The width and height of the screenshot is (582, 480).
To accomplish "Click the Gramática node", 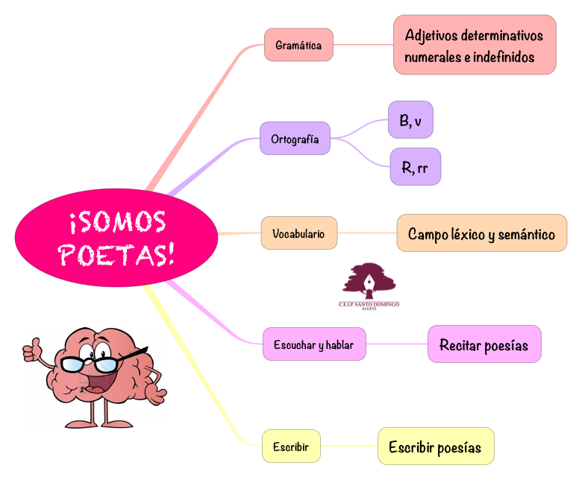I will [298, 45].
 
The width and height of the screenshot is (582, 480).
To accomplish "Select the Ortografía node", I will [295, 139].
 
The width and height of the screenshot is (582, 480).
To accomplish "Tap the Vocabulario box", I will [298, 233].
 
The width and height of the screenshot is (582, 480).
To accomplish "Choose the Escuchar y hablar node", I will [314, 344].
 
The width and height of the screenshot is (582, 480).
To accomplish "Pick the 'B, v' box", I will [410, 120].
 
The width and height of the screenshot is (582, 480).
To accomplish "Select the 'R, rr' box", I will [415, 167].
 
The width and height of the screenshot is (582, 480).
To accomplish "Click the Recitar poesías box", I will [484, 344].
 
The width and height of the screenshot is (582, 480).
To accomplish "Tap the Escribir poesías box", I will [436, 447].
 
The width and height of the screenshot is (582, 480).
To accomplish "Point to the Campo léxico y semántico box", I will [481, 233].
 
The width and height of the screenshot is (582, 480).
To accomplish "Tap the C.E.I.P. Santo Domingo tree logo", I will [369, 284].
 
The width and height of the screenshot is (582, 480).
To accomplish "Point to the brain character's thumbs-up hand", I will [31, 347].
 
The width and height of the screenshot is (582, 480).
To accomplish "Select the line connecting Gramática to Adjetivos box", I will [363, 45].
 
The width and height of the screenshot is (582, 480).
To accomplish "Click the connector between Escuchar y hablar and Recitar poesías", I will [397, 344].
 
